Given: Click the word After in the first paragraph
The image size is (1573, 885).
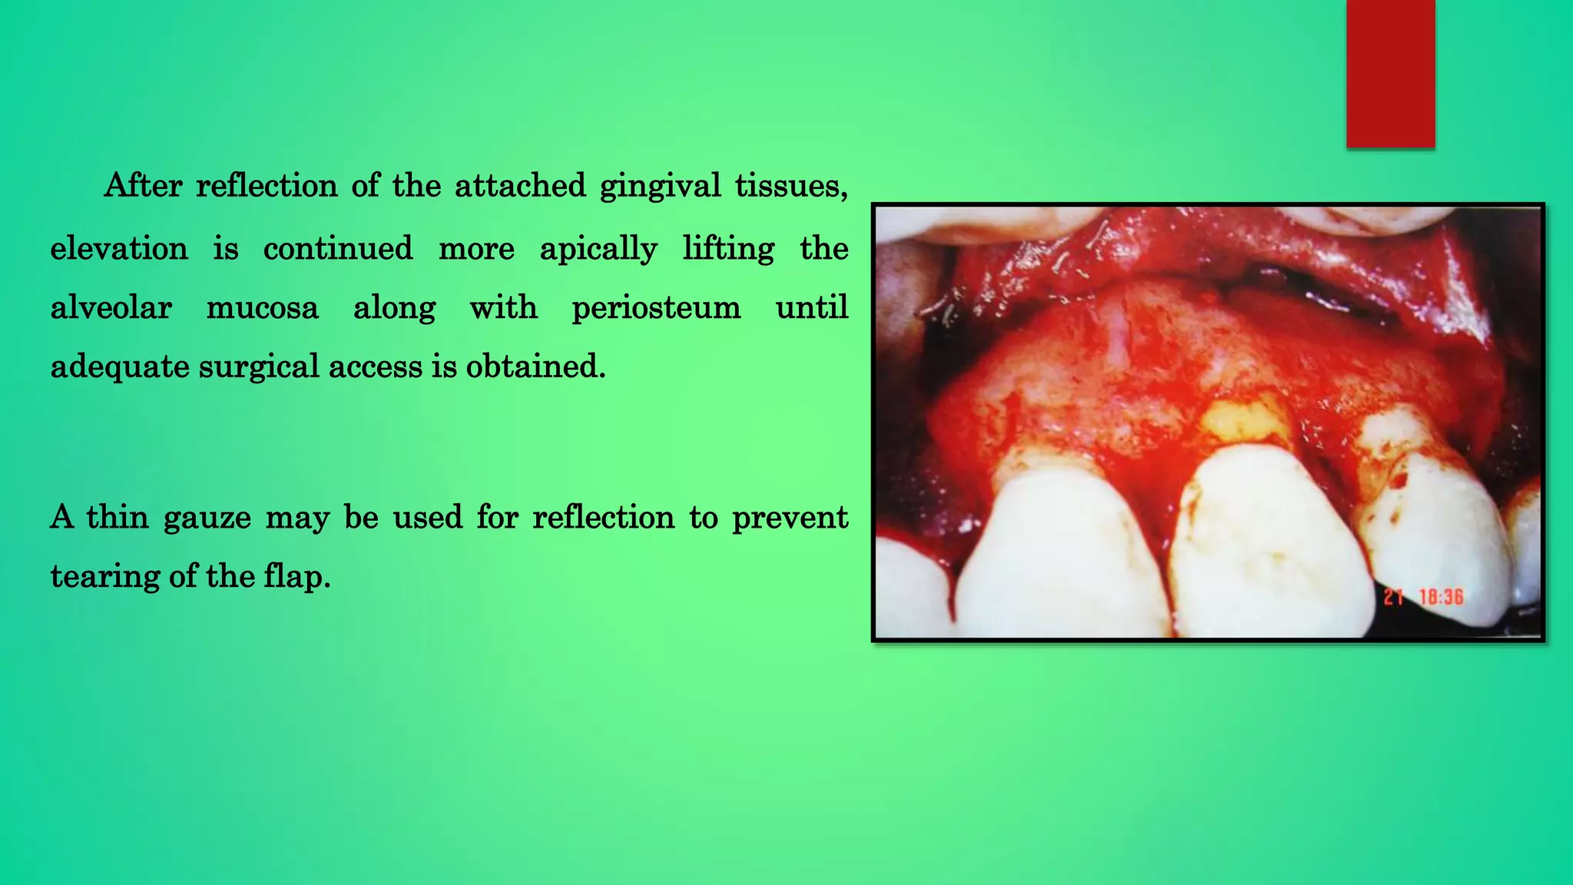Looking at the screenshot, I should coord(144,185).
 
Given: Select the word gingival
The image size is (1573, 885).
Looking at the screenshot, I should coord(660,187).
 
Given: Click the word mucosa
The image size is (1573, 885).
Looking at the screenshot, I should coord(262,308).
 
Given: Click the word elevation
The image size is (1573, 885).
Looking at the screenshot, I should coord(119,249).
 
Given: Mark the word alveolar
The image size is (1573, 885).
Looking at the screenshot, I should coord(111,308).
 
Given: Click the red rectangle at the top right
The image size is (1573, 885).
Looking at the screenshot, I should coord(1390,73).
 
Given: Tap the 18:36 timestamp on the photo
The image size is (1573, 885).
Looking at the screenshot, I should coord(1441,597).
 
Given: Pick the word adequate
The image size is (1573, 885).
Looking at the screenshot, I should coord(119,367).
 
